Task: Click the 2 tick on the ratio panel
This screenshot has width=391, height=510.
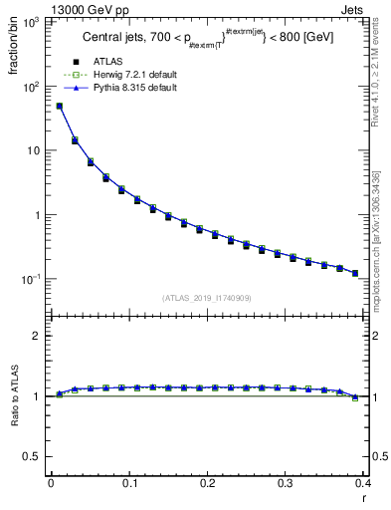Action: [39, 336]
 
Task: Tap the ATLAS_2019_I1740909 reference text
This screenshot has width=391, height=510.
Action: [206, 297]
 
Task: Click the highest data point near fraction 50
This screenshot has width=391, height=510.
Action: [60, 106]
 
